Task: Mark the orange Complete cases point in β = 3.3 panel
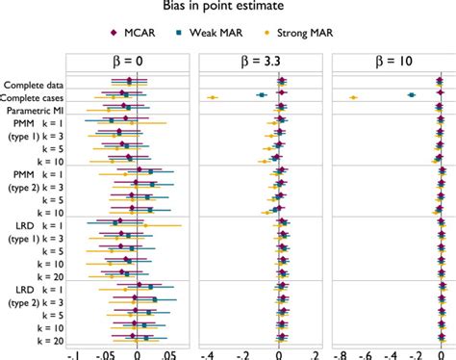213,97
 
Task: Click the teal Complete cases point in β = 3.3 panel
260,94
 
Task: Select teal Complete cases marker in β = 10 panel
412,94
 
